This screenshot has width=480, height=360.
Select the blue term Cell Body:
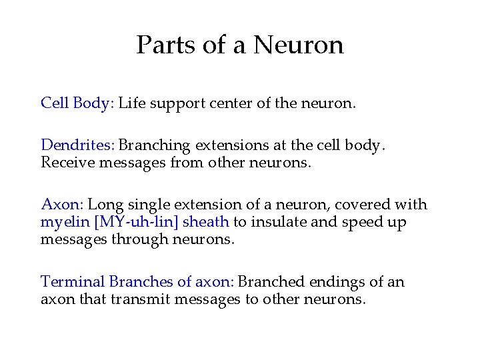coord(77,103)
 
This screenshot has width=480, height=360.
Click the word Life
coord(132,103)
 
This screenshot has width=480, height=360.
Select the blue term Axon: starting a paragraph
coord(62,204)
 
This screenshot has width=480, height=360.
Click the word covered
coord(364,204)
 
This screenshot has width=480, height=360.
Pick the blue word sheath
coord(207,221)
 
